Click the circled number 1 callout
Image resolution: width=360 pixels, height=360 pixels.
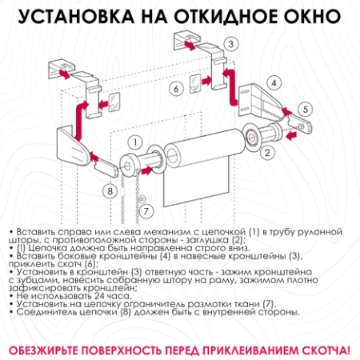136,142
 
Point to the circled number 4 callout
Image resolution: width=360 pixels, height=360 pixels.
273,82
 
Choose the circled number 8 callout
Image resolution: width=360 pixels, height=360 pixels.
110,190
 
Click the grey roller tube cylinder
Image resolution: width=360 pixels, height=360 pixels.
199,154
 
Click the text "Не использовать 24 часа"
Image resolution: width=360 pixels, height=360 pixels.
62,295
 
